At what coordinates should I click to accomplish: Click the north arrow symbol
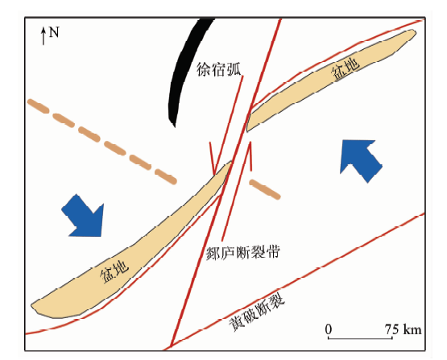pos(43,36)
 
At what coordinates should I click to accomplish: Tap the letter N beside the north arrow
pos(54,32)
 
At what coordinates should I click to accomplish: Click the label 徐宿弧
pos(218,69)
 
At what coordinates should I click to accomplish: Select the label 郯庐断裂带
pos(242,252)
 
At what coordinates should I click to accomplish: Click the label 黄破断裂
pos(257,312)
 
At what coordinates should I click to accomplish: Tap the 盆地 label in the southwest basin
pos(114,272)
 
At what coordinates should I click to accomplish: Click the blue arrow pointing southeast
pos(83,216)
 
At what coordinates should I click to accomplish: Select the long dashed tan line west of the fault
pos(102,142)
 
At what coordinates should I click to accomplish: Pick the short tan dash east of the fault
pos(265,189)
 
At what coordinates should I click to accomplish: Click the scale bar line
pos(360,338)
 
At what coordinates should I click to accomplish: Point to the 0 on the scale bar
pos(329,329)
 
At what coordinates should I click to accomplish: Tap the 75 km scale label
pos(403,329)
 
